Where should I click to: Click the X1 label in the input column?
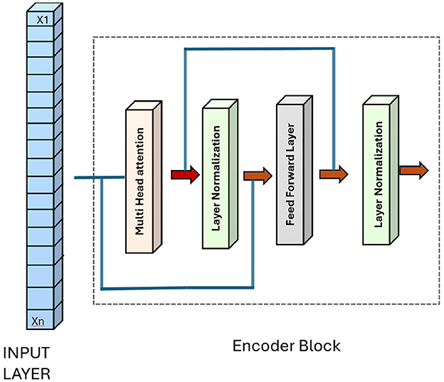click(43, 20)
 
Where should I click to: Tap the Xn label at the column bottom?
click(38, 321)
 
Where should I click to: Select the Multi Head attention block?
click(144, 177)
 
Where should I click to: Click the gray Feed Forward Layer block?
click(295, 170)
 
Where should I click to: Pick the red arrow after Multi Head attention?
click(186, 174)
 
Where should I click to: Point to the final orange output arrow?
click(414, 170)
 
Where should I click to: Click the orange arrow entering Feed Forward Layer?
click(258, 176)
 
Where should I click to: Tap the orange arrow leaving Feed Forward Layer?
click(334, 174)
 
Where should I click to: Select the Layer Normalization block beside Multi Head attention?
click(221, 174)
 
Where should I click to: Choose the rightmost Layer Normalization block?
click(381, 170)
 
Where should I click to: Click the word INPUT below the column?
click(26, 353)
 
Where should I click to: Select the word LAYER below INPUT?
click(26, 373)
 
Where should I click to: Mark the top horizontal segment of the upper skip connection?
click(260, 49)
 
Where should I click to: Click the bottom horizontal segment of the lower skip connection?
click(177, 288)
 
